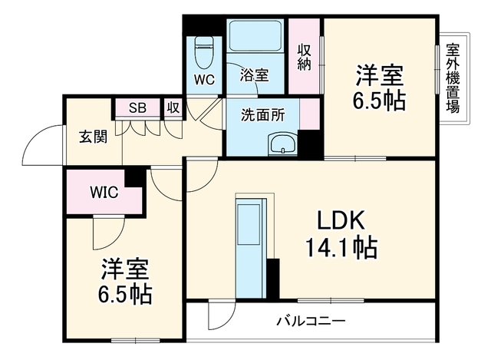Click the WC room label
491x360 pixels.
point(204,80)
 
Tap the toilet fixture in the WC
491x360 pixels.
point(203,53)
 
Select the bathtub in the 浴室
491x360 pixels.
point(255,35)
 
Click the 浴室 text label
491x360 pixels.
point(254,75)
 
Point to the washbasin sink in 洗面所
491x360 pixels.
point(283,144)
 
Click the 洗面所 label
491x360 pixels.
point(262,115)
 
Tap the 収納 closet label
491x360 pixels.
point(304,57)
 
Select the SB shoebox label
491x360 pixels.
point(137,107)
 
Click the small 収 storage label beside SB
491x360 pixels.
point(173,107)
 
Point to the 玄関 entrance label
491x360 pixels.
point(93,137)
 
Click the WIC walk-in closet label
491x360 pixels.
point(104,192)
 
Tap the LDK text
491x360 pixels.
point(341,220)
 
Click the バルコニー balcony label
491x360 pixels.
point(311,321)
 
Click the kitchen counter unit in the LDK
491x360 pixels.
point(251,248)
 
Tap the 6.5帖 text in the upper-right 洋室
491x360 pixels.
point(380,101)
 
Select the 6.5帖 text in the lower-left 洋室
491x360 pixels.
point(125,294)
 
